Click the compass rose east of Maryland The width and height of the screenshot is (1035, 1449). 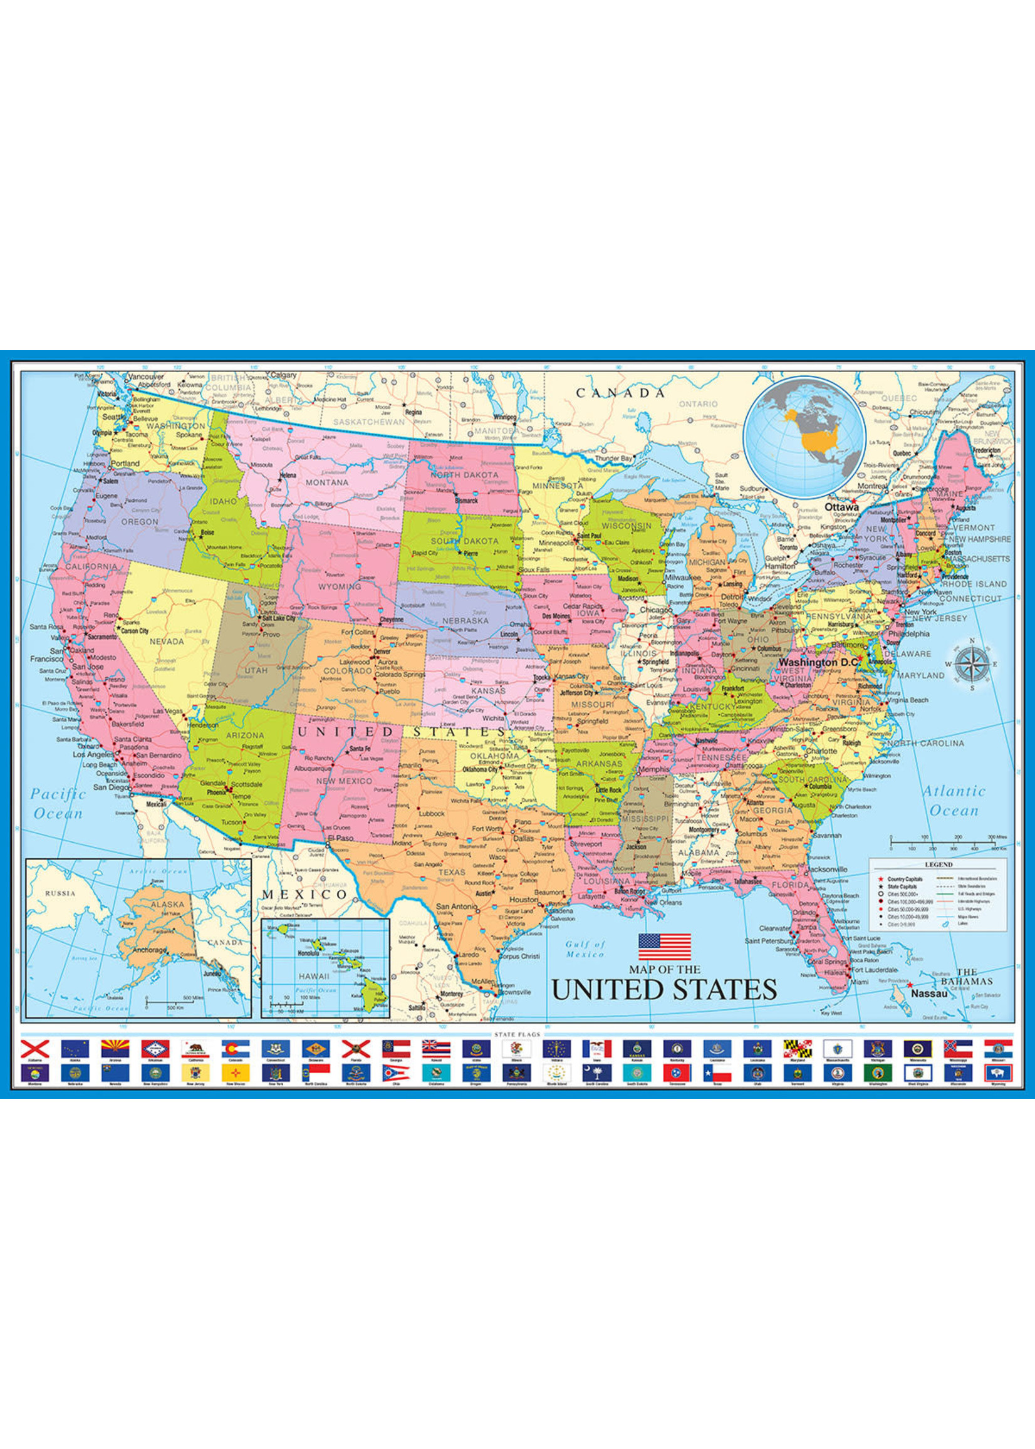[x=972, y=665]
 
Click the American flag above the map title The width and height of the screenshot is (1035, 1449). [x=665, y=947]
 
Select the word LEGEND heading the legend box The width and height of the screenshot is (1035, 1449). [x=938, y=865]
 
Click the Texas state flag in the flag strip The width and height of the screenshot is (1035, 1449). [x=717, y=1074]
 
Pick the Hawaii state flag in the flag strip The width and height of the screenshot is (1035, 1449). [x=436, y=1049]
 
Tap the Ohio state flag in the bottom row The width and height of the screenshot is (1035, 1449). [x=395, y=1074]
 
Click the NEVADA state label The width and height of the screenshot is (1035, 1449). [x=167, y=641]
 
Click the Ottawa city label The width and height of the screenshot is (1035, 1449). [x=842, y=507]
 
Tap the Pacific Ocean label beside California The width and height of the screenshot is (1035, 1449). [x=58, y=804]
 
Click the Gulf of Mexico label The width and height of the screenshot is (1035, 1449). [x=585, y=950]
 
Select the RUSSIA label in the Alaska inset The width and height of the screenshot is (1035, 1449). [x=60, y=893]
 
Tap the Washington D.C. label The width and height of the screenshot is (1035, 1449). [x=817, y=662]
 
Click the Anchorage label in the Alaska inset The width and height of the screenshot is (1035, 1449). [x=148, y=950]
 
